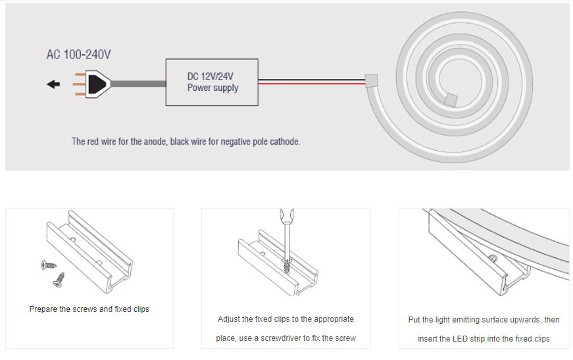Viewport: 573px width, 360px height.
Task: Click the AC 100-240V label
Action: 78,54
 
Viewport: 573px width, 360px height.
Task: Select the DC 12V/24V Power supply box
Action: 212,82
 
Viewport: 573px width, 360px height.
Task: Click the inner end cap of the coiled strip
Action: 451,99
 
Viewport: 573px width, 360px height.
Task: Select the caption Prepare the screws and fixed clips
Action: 89,309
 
